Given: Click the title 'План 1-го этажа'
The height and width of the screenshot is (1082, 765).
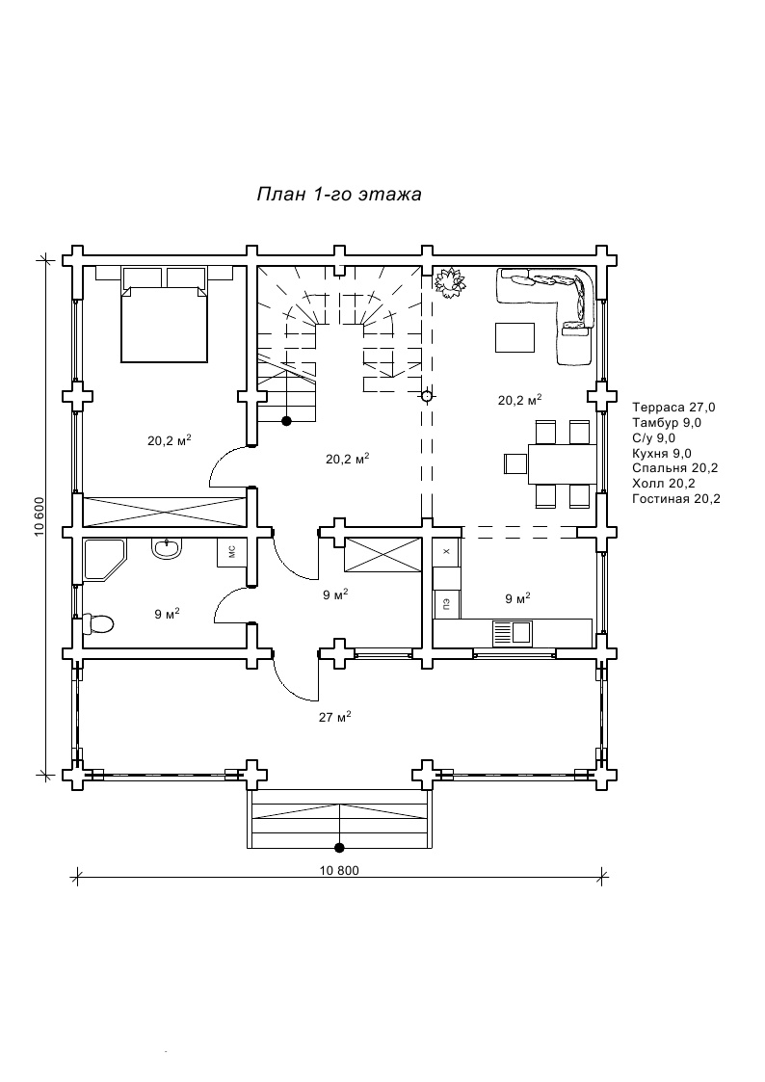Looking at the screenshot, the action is (339, 195).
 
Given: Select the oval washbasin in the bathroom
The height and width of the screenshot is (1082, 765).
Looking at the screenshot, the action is (167, 548).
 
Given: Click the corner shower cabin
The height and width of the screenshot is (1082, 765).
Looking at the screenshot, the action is (104, 560).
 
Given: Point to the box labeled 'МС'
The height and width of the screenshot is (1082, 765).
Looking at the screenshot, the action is (232, 552).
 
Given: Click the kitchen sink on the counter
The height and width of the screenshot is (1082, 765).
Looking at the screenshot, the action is (512, 631).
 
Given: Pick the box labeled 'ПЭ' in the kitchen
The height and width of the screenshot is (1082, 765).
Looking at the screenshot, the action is (446, 605).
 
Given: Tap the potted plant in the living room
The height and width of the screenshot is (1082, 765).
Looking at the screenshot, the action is (450, 281).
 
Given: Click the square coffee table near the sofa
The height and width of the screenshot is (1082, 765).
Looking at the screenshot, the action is (515, 337).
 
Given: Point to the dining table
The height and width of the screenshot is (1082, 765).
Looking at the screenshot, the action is (563, 463).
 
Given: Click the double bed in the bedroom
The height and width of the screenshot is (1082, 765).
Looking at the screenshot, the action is (164, 314).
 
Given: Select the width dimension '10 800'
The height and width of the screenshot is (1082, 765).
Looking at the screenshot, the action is (339, 870).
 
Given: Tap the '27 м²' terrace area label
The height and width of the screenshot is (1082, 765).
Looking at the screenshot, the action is (335, 717).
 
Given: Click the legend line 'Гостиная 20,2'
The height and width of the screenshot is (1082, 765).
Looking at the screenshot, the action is (676, 498).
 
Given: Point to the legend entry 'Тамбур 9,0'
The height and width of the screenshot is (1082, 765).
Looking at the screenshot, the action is (667, 422).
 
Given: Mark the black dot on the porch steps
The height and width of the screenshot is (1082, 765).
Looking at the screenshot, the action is (339, 847).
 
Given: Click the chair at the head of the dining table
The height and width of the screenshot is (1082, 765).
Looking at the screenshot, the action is (515, 463).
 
